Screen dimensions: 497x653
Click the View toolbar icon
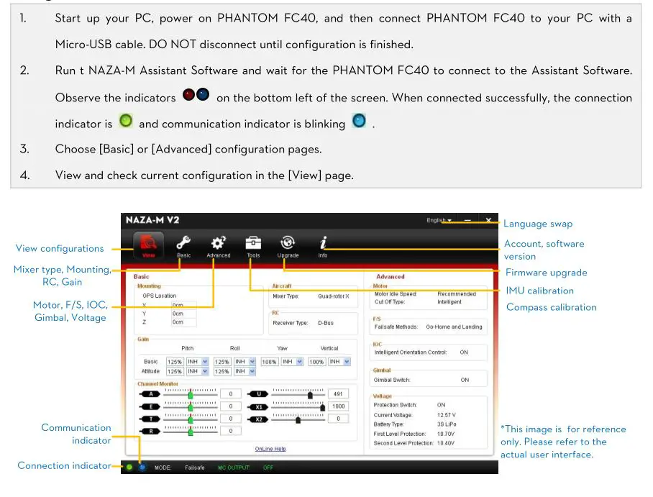click(x=148, y=245)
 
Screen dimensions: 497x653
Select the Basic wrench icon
click(x=184, y=245)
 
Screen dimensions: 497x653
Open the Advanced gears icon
click(x=218, y=245)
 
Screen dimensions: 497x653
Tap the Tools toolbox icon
click(x=253, y=245)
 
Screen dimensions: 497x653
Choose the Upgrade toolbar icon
click(x=288, y=245)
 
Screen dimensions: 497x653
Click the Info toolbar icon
click(x=323, y=245)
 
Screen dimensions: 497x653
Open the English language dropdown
click(x=439, y=220)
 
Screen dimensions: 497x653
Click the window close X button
click(x=488, y=219)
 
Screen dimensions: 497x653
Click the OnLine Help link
click(x=270, y=449)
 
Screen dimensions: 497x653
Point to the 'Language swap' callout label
click(x=538, y=224)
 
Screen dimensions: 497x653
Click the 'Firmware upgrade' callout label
click(x=546, y=273)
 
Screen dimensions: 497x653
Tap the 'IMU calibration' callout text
click(x=539, y=291)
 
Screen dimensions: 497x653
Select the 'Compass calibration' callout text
click(x=551, y=307)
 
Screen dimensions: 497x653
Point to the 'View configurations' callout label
click(x=60, y=248)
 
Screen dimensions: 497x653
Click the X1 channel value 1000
click(x=338, y=406)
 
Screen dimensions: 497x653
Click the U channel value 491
click(x=338, y=394)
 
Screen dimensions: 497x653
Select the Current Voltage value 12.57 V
click(x=446, y=415)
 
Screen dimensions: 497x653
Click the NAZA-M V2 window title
click(x=152, y=219)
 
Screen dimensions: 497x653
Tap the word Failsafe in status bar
click(x=194, y=468)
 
